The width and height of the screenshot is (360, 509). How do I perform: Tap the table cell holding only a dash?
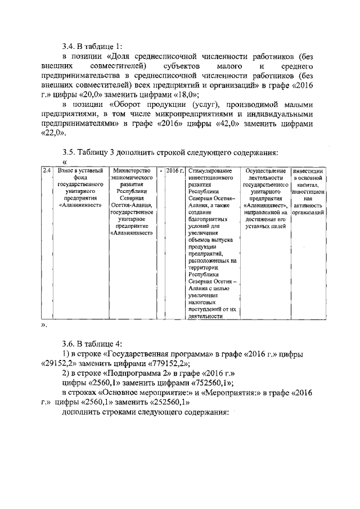[x=161, y=170]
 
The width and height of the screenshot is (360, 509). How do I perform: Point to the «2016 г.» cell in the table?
[x=175, y=170]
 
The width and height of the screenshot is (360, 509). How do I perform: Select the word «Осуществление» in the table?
[x=263, y=170]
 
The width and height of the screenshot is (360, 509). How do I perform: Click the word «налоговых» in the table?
[x=203, y=302]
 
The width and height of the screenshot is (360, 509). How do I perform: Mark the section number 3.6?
[x=69, y=343]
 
